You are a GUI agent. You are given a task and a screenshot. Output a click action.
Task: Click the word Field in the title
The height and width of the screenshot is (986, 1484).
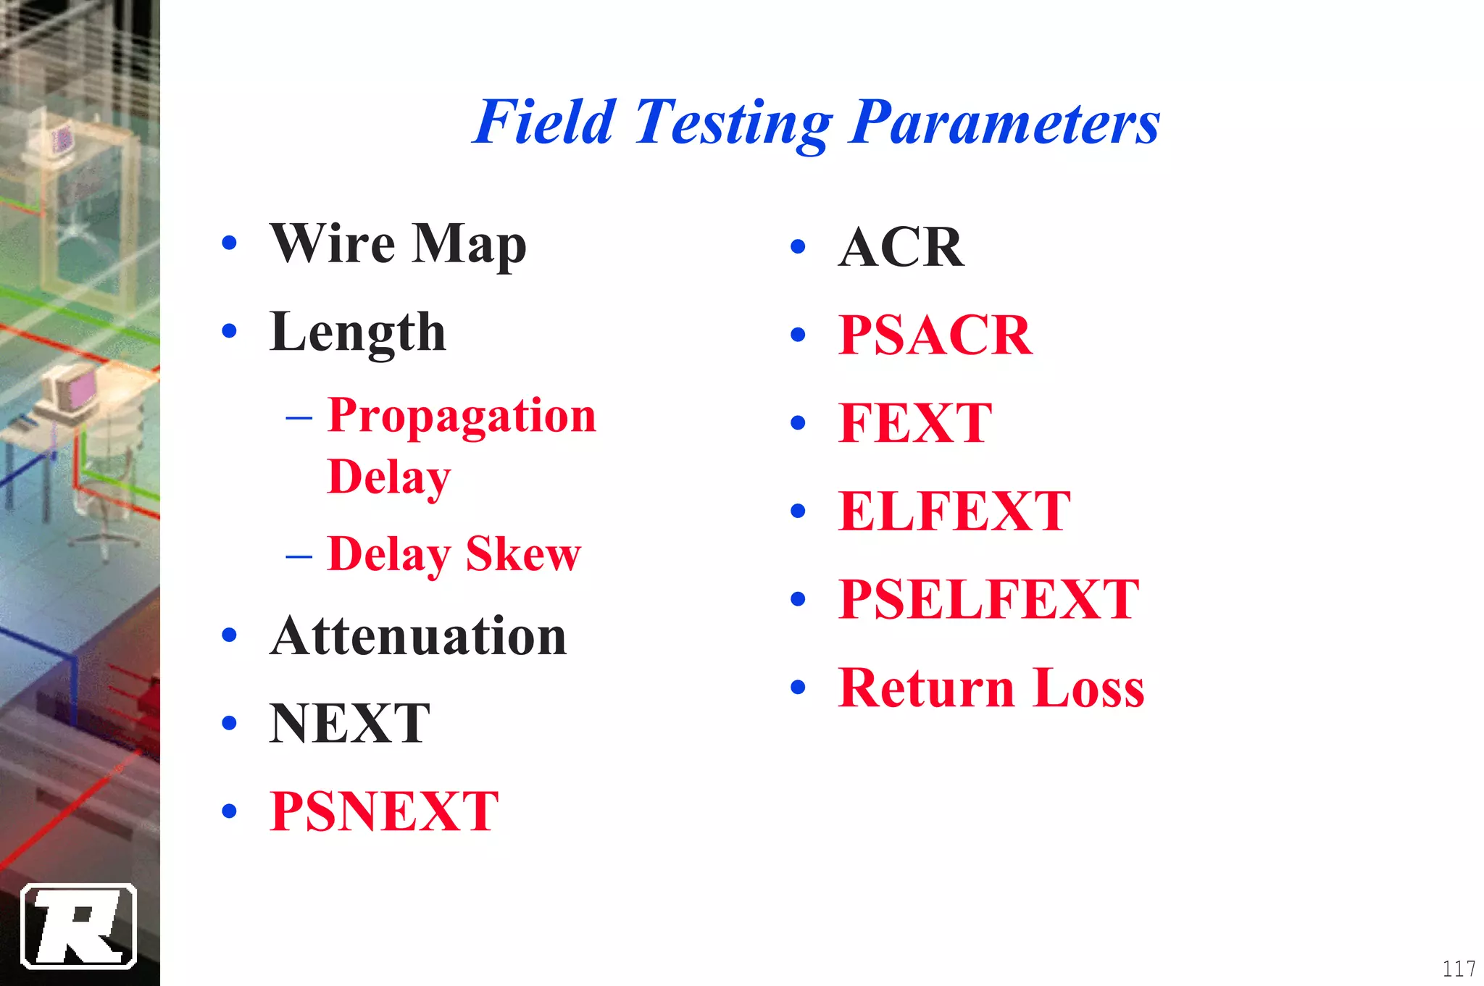point(544,122)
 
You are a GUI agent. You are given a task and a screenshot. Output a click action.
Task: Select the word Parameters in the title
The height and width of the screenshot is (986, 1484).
point(1005,122)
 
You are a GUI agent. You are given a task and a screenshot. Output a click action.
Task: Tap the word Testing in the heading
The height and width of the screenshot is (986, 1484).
point(733,123)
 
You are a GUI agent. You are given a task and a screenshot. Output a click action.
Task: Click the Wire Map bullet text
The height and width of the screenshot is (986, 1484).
point(398,243)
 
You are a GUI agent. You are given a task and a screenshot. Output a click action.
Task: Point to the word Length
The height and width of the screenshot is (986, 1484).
point(357,332)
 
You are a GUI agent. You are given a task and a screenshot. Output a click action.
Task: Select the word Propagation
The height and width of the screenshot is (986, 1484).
point(462,416)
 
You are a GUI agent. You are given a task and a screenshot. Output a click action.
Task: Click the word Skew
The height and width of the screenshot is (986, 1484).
point(523,554)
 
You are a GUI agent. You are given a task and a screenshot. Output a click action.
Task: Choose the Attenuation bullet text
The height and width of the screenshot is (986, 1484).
point(418,636)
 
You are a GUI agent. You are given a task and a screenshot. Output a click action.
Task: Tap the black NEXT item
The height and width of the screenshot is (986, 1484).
point(350,723)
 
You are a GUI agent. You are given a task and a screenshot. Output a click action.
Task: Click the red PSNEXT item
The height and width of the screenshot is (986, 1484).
point(384,811)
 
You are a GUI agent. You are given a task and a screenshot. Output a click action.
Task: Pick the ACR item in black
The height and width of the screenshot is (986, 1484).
point(901,247)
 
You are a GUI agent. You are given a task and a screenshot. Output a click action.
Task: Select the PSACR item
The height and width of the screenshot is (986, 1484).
point(935,335)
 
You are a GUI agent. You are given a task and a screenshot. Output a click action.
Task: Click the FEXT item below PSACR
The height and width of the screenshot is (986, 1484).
point(915,423)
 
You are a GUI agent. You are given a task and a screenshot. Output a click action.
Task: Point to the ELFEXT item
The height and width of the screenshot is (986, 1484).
point(954,511)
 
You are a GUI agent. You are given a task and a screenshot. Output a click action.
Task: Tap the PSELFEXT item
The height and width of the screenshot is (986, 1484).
point(988,599)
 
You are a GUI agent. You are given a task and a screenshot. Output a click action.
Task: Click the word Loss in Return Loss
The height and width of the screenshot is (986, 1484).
point(1089,688)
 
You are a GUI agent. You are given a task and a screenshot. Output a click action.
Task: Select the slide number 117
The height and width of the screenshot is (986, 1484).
point(1459,969)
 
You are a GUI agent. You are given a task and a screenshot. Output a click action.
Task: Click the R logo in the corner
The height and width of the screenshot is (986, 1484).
point(79,926)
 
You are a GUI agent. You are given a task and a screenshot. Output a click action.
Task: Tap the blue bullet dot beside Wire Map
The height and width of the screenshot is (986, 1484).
point(230,243)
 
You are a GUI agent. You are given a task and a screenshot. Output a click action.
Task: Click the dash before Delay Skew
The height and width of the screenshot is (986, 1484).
point(299,556)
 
